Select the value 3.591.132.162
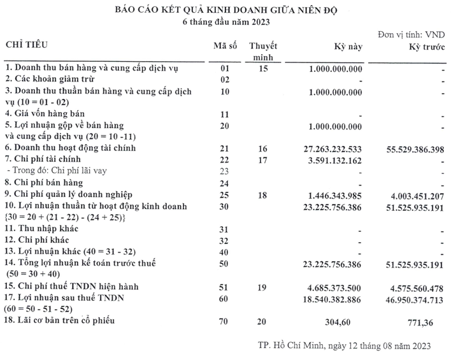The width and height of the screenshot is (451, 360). coord(336,159)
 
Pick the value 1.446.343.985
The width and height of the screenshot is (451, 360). coord(336,193)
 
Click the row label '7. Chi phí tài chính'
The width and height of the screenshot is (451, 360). coord(45,159)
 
